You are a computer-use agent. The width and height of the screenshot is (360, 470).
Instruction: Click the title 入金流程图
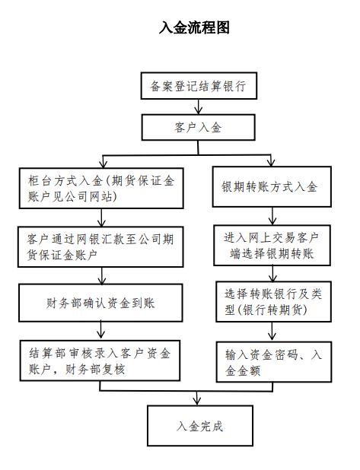[194, 27]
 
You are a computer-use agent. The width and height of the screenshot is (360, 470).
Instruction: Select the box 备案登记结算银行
[199, 86]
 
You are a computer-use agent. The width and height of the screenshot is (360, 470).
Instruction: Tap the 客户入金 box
[199, 128]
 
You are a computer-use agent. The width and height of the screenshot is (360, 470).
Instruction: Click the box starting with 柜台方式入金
[101, 189]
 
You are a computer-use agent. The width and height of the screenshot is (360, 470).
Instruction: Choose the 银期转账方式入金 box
[272, 187]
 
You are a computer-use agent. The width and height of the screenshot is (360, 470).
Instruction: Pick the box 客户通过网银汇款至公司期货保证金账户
[100, 246]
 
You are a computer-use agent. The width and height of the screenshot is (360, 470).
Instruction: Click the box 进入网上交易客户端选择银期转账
[272, 246]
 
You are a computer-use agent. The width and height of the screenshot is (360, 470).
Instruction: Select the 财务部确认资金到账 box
[100, 303]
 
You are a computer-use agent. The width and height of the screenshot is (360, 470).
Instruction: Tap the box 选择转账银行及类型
[273, 301]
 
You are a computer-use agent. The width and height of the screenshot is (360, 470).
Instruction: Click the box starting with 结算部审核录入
[100, 360]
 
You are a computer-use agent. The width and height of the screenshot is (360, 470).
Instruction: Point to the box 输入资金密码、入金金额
[274, 362]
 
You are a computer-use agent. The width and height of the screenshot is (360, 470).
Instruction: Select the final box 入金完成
[200, 426]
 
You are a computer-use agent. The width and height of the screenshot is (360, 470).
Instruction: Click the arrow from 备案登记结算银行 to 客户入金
[199, 106]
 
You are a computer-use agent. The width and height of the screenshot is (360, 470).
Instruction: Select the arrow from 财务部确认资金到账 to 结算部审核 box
[101, 331]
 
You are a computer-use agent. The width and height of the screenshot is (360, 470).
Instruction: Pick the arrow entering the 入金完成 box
[197, 399]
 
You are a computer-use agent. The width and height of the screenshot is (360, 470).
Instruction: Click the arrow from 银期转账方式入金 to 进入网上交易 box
[272, 216]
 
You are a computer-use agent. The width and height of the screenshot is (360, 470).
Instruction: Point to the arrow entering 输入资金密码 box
[272, 332]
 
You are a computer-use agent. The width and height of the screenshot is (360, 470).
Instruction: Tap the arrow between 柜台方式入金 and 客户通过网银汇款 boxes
[101, 218]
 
